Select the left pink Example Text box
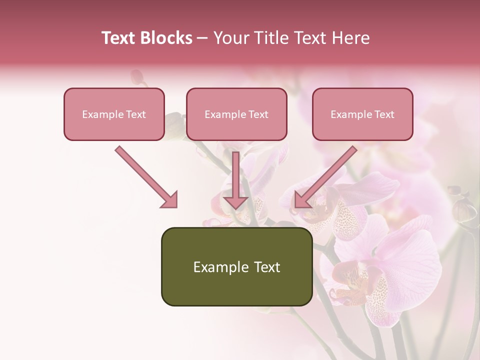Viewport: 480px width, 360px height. click(x=114, y=114)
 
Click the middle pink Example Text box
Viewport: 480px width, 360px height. click(x=236, y=114)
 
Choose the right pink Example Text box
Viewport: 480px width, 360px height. click(x=362, y=114)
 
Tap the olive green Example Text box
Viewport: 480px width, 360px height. click(x=236, y=266)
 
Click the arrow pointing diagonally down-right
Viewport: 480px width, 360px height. click(x=146, y=176)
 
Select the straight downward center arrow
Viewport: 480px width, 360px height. click(x=235, y=180)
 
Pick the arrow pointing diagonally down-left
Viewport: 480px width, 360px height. click(x=325, y=176)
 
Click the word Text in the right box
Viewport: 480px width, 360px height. click(x=384, y=114)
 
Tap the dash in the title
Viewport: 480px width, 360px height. click(x=202, y=38)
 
